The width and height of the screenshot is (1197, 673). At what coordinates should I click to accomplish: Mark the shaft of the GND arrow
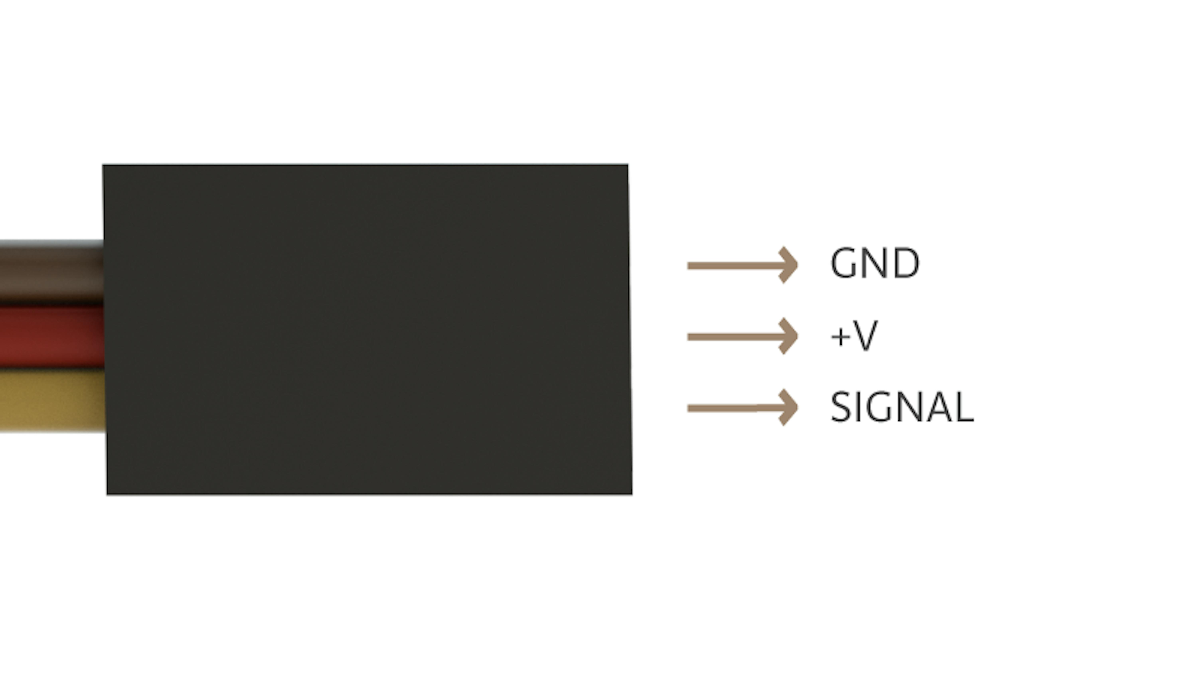point(739,266)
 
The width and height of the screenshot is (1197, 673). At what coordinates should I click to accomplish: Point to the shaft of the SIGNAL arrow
point(739,408)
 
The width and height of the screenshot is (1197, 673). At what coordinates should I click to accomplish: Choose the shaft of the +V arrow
point(739,337)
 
